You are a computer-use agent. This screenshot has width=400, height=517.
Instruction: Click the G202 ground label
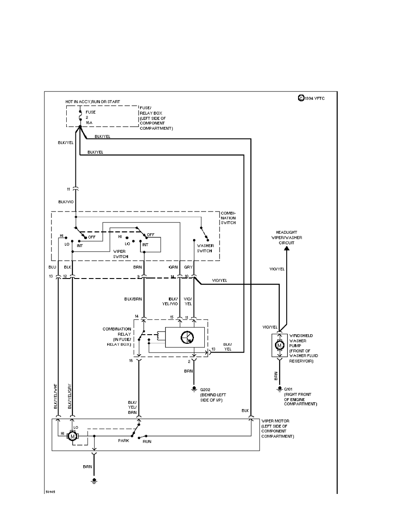[x=206, y=388]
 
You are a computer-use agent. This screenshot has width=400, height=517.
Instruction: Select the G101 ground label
[x=289, y=388]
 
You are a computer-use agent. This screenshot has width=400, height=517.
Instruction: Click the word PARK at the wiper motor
[x=124, y=440]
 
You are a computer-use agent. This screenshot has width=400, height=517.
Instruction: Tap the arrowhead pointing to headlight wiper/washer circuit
[x=286, y=249]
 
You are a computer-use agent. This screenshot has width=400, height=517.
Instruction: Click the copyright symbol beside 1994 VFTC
[x=301, y=98]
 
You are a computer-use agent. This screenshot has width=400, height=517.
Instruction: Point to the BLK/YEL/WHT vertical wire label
[x=55, y=397]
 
